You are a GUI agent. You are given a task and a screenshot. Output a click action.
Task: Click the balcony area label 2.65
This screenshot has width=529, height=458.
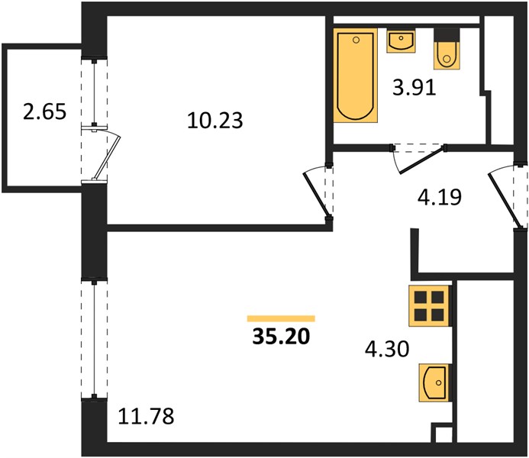click(44, 111)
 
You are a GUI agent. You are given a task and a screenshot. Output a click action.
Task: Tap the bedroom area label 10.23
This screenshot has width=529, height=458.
click(215, 121)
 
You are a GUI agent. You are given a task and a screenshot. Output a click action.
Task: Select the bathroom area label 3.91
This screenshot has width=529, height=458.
click(414, 88)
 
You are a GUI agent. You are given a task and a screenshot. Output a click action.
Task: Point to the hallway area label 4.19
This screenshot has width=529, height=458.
click(439, 197)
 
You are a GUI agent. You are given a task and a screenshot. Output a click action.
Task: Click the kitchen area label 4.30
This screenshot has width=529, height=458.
click(387, 349)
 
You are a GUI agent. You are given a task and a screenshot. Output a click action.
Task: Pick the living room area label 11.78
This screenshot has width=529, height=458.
click(146, 416)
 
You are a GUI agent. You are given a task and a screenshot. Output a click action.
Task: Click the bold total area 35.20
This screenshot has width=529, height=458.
click(281, 337)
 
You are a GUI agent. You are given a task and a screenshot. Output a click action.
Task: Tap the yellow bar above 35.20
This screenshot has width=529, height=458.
click(281, 319)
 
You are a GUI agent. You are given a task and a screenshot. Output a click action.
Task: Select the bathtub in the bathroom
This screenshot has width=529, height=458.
click(355, 76)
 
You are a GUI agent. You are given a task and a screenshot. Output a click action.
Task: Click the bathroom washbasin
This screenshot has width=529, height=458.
click(401, 40)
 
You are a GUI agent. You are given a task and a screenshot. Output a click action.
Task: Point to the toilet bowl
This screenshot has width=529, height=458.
click(447, 55)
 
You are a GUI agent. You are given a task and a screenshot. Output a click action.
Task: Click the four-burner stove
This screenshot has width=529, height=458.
click(429, 306)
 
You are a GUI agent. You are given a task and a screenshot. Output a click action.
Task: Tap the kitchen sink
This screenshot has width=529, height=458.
click(434, 382)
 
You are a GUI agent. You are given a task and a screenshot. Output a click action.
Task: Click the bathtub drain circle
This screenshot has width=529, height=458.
click(356, 40)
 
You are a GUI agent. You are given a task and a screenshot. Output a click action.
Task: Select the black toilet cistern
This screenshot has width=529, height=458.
click(447, 35)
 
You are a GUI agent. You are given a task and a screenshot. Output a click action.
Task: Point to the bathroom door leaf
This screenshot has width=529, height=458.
click(421, 160)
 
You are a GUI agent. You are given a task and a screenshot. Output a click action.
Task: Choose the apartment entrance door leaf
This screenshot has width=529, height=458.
click(503, 200)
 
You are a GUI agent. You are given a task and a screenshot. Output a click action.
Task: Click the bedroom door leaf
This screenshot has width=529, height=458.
click(316, 194)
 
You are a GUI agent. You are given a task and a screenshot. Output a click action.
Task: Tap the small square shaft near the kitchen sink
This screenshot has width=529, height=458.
click(442, 432)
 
